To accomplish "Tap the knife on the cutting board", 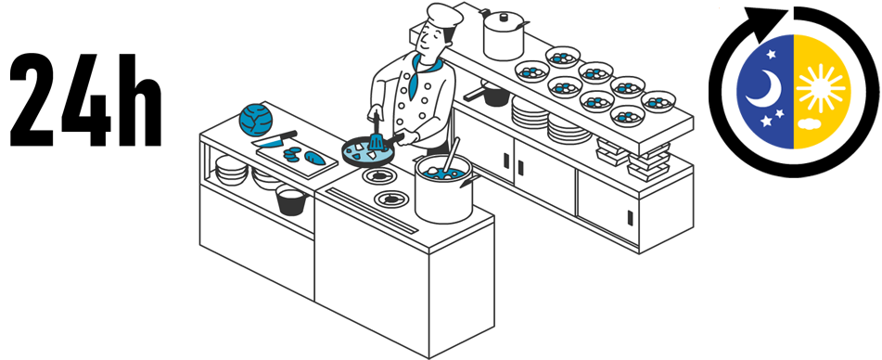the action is click(275, 139).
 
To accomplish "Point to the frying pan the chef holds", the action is click(368, 150).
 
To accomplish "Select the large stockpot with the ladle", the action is click(444, 188).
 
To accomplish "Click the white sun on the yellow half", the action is click(820, 88).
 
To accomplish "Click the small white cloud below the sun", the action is click(810, 122).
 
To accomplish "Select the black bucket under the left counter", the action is click(291, 200).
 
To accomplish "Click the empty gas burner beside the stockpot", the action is click(391, 198).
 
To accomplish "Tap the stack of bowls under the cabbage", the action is click(231, 171).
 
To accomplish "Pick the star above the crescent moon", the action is click(770, 54).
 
